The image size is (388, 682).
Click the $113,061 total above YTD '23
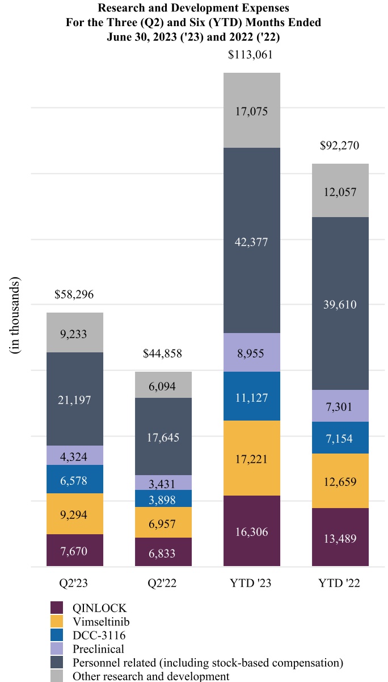(251, 55)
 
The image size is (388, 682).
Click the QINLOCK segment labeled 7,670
(74, 551)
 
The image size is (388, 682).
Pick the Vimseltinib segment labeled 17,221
(251, 459)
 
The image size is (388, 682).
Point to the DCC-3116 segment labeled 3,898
(163, 500)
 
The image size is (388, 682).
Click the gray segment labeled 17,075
(251, 111)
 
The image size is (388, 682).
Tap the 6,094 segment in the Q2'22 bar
(163, 386)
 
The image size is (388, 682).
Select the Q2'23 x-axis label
(74, 584)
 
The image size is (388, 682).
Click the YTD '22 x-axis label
(340, 584)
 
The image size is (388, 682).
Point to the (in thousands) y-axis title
(15, 317)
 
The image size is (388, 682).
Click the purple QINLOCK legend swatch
(57, 608)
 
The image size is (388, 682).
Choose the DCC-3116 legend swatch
(57, 635)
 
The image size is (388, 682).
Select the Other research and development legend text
(151, 676)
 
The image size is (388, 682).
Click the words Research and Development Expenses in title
(193, 9)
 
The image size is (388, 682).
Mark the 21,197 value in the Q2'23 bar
(74, 400)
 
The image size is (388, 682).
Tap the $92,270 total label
(340, 146)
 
